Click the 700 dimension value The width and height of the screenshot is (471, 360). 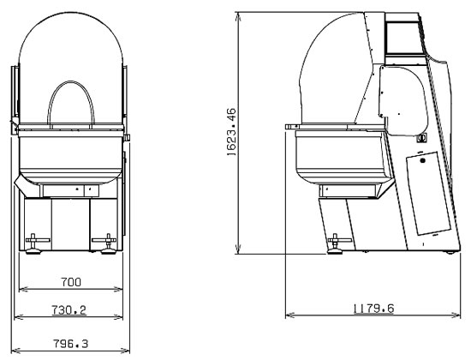[x=71, y=282]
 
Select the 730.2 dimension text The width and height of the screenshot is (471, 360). [x=69, y=309]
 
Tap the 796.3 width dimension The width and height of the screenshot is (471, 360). [x=70, y=344]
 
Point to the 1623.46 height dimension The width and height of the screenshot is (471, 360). [x=231, y=132]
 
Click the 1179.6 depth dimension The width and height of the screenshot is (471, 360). [x=373, y=309]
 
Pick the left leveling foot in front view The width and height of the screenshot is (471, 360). [x=33, y=244]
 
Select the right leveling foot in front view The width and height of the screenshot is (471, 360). [x=108, y=244]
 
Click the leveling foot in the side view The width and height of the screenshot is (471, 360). [x=335, y=244]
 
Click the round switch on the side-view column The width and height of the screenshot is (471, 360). [x=421, y=138]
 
